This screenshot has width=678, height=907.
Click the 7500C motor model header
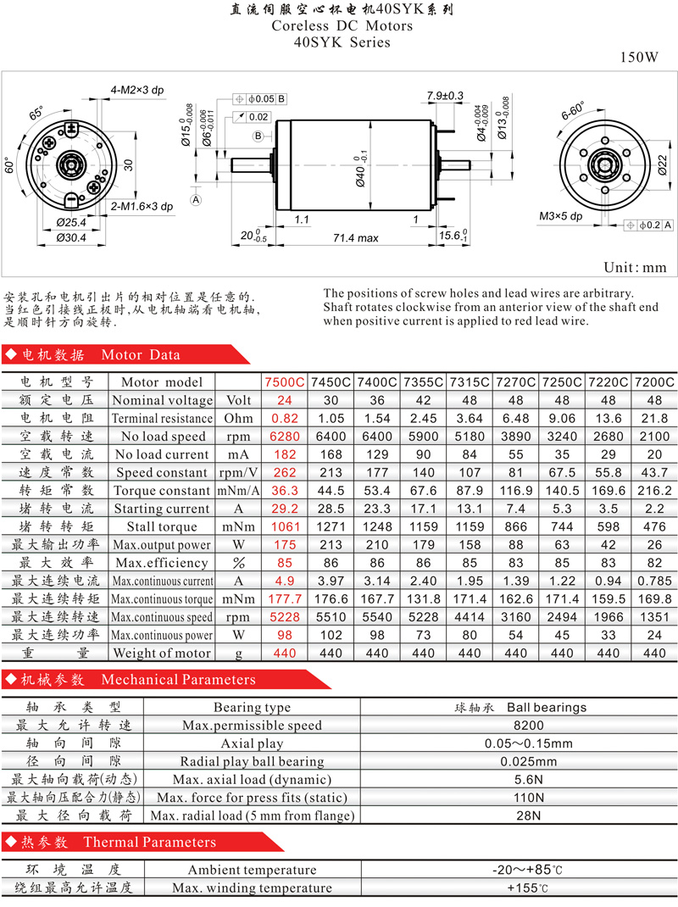285,382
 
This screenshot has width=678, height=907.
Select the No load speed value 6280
285,437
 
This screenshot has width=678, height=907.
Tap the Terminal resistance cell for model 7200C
654,418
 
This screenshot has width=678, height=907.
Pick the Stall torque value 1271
331,526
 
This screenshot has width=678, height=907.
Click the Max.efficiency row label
161,563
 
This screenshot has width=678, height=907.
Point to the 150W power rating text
639,57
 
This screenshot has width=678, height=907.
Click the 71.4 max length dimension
356,237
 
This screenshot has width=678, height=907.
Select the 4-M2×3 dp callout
137,90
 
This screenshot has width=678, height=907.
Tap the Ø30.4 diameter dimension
71,237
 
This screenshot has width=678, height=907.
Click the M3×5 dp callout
560,216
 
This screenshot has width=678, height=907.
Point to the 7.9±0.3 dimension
445,96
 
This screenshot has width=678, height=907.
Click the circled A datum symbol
196,200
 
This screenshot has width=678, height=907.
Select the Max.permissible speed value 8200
529,726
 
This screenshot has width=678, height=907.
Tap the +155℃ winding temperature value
528,888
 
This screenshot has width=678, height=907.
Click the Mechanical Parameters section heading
178,679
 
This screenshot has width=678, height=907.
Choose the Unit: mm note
635,267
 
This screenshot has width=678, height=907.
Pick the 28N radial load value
529,815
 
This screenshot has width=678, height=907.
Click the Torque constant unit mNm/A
238,491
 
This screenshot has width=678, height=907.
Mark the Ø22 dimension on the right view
663,164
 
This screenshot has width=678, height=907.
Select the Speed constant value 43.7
654,473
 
